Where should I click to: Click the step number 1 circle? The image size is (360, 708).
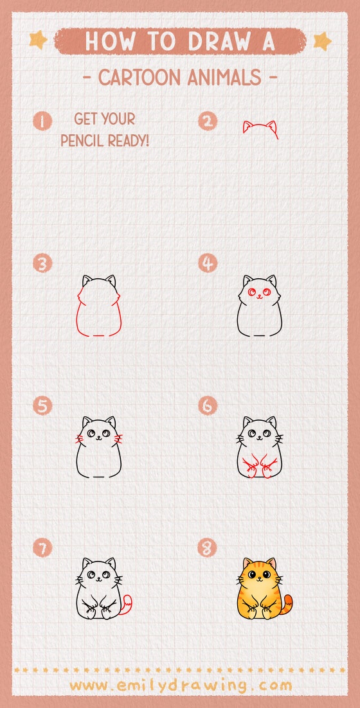[x=43, y=121]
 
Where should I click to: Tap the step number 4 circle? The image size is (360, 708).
[x=208, y=263]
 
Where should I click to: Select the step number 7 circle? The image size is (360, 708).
[x=43, y=548]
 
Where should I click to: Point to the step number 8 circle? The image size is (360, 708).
[x=208, y=548]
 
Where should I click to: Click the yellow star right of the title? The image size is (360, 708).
[x=321, y=41]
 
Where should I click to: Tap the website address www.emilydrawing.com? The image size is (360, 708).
[x=181, y=685]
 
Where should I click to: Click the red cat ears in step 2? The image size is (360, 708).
[x=260, y=128]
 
